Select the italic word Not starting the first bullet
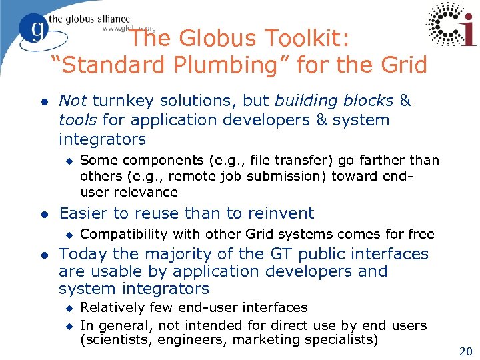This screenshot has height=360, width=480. [73, 101]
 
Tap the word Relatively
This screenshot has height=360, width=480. [112, 307]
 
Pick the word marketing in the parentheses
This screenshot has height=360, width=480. [283, 339]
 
